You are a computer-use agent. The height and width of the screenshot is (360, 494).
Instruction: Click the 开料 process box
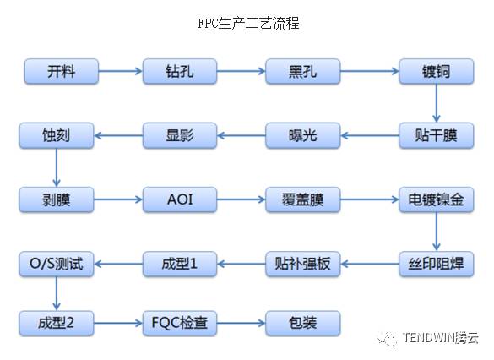pos(62,71)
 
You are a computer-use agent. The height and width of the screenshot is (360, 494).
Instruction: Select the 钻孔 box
pos(180,71)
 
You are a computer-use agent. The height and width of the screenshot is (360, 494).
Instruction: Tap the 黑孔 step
pos(303,71)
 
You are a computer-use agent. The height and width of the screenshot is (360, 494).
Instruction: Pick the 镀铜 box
pos(437,71)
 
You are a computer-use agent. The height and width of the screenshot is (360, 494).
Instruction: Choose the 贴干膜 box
pos(437,135)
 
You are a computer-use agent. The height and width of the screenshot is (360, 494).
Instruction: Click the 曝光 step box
pos(303,135)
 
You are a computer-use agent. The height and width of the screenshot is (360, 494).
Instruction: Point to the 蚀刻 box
pos(57,135)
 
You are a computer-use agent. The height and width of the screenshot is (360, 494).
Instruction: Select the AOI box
pos(180,199)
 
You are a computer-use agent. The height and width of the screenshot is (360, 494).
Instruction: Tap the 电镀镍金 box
pos(437,199)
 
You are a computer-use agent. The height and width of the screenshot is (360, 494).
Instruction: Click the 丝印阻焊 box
pos(437,264)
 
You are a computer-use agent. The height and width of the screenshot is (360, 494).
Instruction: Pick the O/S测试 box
pos(57,264)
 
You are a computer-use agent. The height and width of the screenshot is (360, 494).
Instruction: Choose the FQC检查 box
pos(180,323)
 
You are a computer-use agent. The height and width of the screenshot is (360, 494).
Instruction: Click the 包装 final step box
pos(303,323)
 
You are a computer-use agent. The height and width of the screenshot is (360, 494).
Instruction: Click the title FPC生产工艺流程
pos(248,23)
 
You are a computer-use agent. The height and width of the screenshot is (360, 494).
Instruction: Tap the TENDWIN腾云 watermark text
pos(441,338)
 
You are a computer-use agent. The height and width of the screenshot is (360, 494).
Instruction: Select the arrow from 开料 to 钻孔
pos(121,71)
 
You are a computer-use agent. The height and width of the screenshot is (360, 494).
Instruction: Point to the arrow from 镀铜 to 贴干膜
pos(437,103)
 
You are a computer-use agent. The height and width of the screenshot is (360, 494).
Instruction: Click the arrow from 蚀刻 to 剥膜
pos(57,167)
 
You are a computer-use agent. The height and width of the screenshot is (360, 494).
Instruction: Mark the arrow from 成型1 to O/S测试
pos(118,264)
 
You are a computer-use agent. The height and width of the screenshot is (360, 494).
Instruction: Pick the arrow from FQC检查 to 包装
pos(242,323)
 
